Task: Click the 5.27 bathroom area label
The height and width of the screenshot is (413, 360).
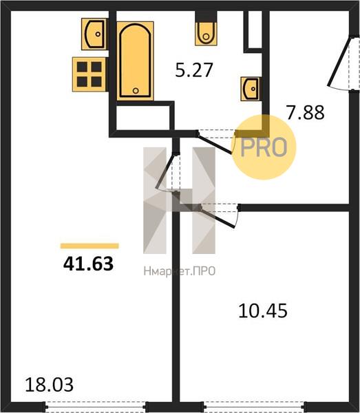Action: (194, 70)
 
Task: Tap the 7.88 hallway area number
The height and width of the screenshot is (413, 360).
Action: (306, 112)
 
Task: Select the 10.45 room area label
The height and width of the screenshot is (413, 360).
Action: (262, 311)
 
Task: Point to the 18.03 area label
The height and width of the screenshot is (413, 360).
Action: (50, 385)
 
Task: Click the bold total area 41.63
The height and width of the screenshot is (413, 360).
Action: (88, 264)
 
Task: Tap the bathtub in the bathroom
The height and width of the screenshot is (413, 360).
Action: (136, 61)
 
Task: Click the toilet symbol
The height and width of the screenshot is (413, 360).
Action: (206, 34)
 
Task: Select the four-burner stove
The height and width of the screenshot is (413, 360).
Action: (89, 74)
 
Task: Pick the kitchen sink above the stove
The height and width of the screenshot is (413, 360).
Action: (95, 34)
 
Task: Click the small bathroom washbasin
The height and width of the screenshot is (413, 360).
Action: (251, 89)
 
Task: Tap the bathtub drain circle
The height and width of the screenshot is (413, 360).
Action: (136, 91)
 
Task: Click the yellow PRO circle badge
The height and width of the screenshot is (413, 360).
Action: (264, 147)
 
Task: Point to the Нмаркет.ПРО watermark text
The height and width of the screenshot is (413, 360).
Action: (180, 271)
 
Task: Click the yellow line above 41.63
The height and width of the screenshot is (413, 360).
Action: (89, 246)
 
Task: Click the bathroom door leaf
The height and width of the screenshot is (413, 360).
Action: (215, 144)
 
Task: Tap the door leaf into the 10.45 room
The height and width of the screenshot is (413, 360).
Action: (218, 218)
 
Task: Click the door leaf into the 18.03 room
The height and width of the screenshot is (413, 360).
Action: (165, 171)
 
